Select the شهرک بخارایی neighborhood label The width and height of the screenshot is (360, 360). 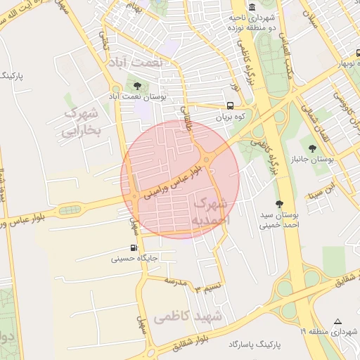(83, 121)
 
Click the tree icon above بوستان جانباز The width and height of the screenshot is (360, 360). (312, 148)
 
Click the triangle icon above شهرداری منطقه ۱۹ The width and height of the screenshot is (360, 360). (338, 320)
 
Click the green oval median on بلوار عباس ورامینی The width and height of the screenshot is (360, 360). (70, 210)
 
